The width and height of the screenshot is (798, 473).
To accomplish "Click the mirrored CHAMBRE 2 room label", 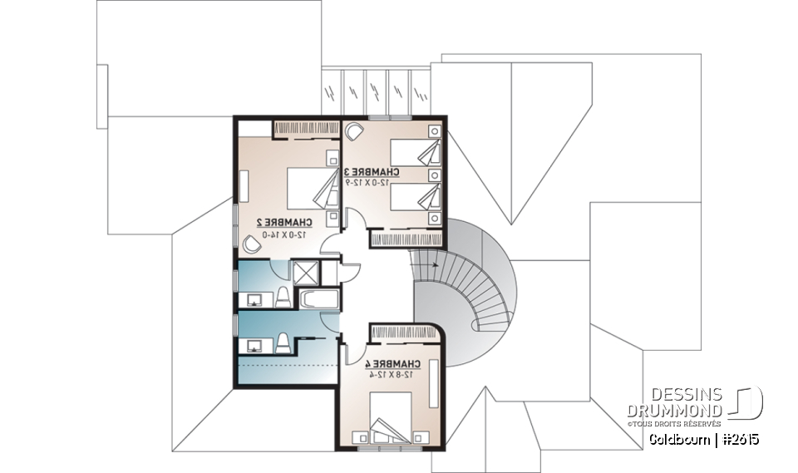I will [283, 222].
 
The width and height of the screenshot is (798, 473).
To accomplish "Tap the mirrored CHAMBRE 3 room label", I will [371, 172].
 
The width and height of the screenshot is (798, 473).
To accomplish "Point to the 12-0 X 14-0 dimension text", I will [283, 234].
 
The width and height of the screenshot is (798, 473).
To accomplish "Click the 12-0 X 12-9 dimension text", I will [371, 183].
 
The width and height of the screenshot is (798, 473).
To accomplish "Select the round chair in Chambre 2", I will [250, 242].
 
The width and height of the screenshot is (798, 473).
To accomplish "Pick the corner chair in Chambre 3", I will [353, 131].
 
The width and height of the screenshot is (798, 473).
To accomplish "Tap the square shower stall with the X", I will [304, 272].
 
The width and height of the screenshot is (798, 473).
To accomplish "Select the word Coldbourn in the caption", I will [679, 438].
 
